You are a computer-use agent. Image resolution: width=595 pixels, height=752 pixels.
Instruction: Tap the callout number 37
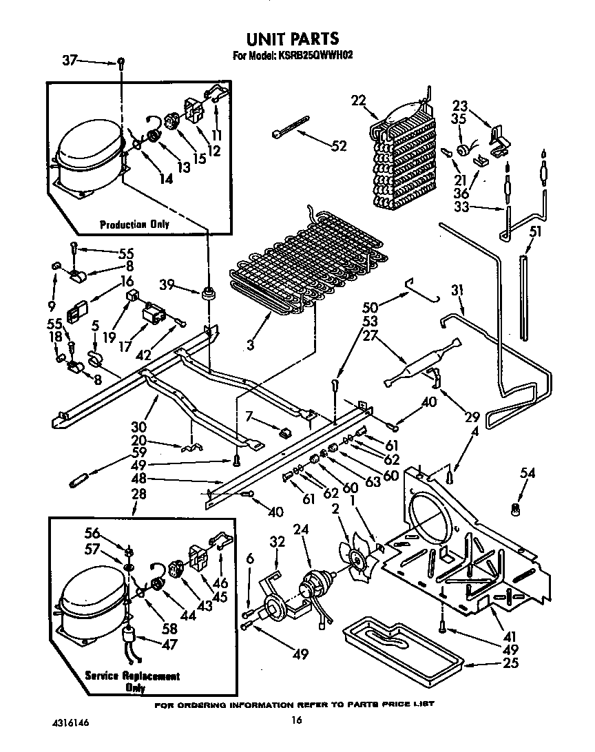70,61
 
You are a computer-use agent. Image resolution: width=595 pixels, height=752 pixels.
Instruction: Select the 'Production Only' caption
134,224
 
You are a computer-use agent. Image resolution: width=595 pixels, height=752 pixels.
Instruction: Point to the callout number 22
359,101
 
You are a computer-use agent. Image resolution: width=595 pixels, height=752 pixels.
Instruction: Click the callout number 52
339,146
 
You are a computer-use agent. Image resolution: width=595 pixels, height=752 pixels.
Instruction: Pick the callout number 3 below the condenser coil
251,345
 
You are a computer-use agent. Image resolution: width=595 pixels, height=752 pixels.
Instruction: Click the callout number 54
528,474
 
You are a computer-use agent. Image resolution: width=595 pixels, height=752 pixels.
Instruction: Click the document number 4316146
70,724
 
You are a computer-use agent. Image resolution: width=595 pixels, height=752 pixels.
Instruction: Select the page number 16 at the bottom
296,720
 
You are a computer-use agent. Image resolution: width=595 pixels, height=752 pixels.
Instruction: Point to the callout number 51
534,232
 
